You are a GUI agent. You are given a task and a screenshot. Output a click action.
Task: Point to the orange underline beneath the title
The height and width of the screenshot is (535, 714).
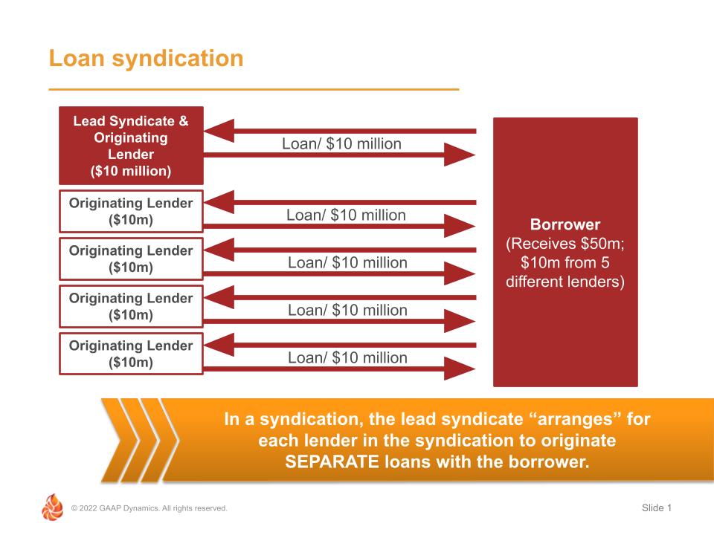pyautogui.click(x=254, y=89)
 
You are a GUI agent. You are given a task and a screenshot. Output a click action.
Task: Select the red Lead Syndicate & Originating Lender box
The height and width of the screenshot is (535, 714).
pyautogui.click(x=131, y=146)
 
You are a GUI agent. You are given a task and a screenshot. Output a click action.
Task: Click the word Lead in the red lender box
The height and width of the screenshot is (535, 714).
pyautogui.click(x=88, y=121)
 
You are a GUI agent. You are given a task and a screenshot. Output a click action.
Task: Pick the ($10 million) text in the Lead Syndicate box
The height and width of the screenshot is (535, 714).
pyautogui.click(x=130, y=171)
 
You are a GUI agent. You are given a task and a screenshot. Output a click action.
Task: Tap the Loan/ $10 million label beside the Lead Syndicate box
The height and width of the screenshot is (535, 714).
pyautogui.click(x=341, y=143)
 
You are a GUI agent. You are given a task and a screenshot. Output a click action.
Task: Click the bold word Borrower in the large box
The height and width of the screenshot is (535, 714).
pyautogui.click(x=565, y=224)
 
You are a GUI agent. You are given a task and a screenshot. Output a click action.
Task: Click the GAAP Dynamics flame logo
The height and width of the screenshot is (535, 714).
pyautogui.click(x=52, y=508)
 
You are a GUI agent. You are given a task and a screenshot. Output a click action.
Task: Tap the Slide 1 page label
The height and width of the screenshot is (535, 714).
pyautogui.click(x=656, y=508)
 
